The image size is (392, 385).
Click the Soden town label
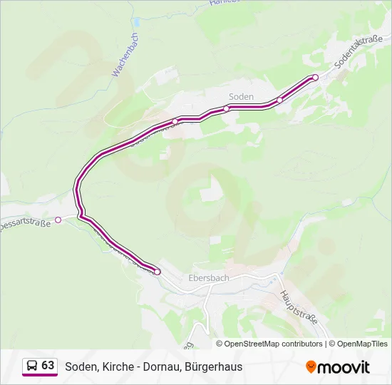(x=241, y=96)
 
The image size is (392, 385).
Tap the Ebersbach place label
(x=209, y=278)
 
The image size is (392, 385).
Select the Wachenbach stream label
(x=125, y=55)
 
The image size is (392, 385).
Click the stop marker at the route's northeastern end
(x=315, y=77)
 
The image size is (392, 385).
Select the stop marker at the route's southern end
(x=158, y=272)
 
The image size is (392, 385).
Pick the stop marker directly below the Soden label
(x=227, y=108)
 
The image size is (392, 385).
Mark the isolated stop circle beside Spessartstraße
(x=58, y=220)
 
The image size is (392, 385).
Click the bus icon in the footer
(x=31, y=366)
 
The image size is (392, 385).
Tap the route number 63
(x=48, y=366)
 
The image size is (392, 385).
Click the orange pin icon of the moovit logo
(x=311, y=366)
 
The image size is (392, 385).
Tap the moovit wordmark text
(x=344, y=367)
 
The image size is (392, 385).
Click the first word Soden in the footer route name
(x=80, y=366)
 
